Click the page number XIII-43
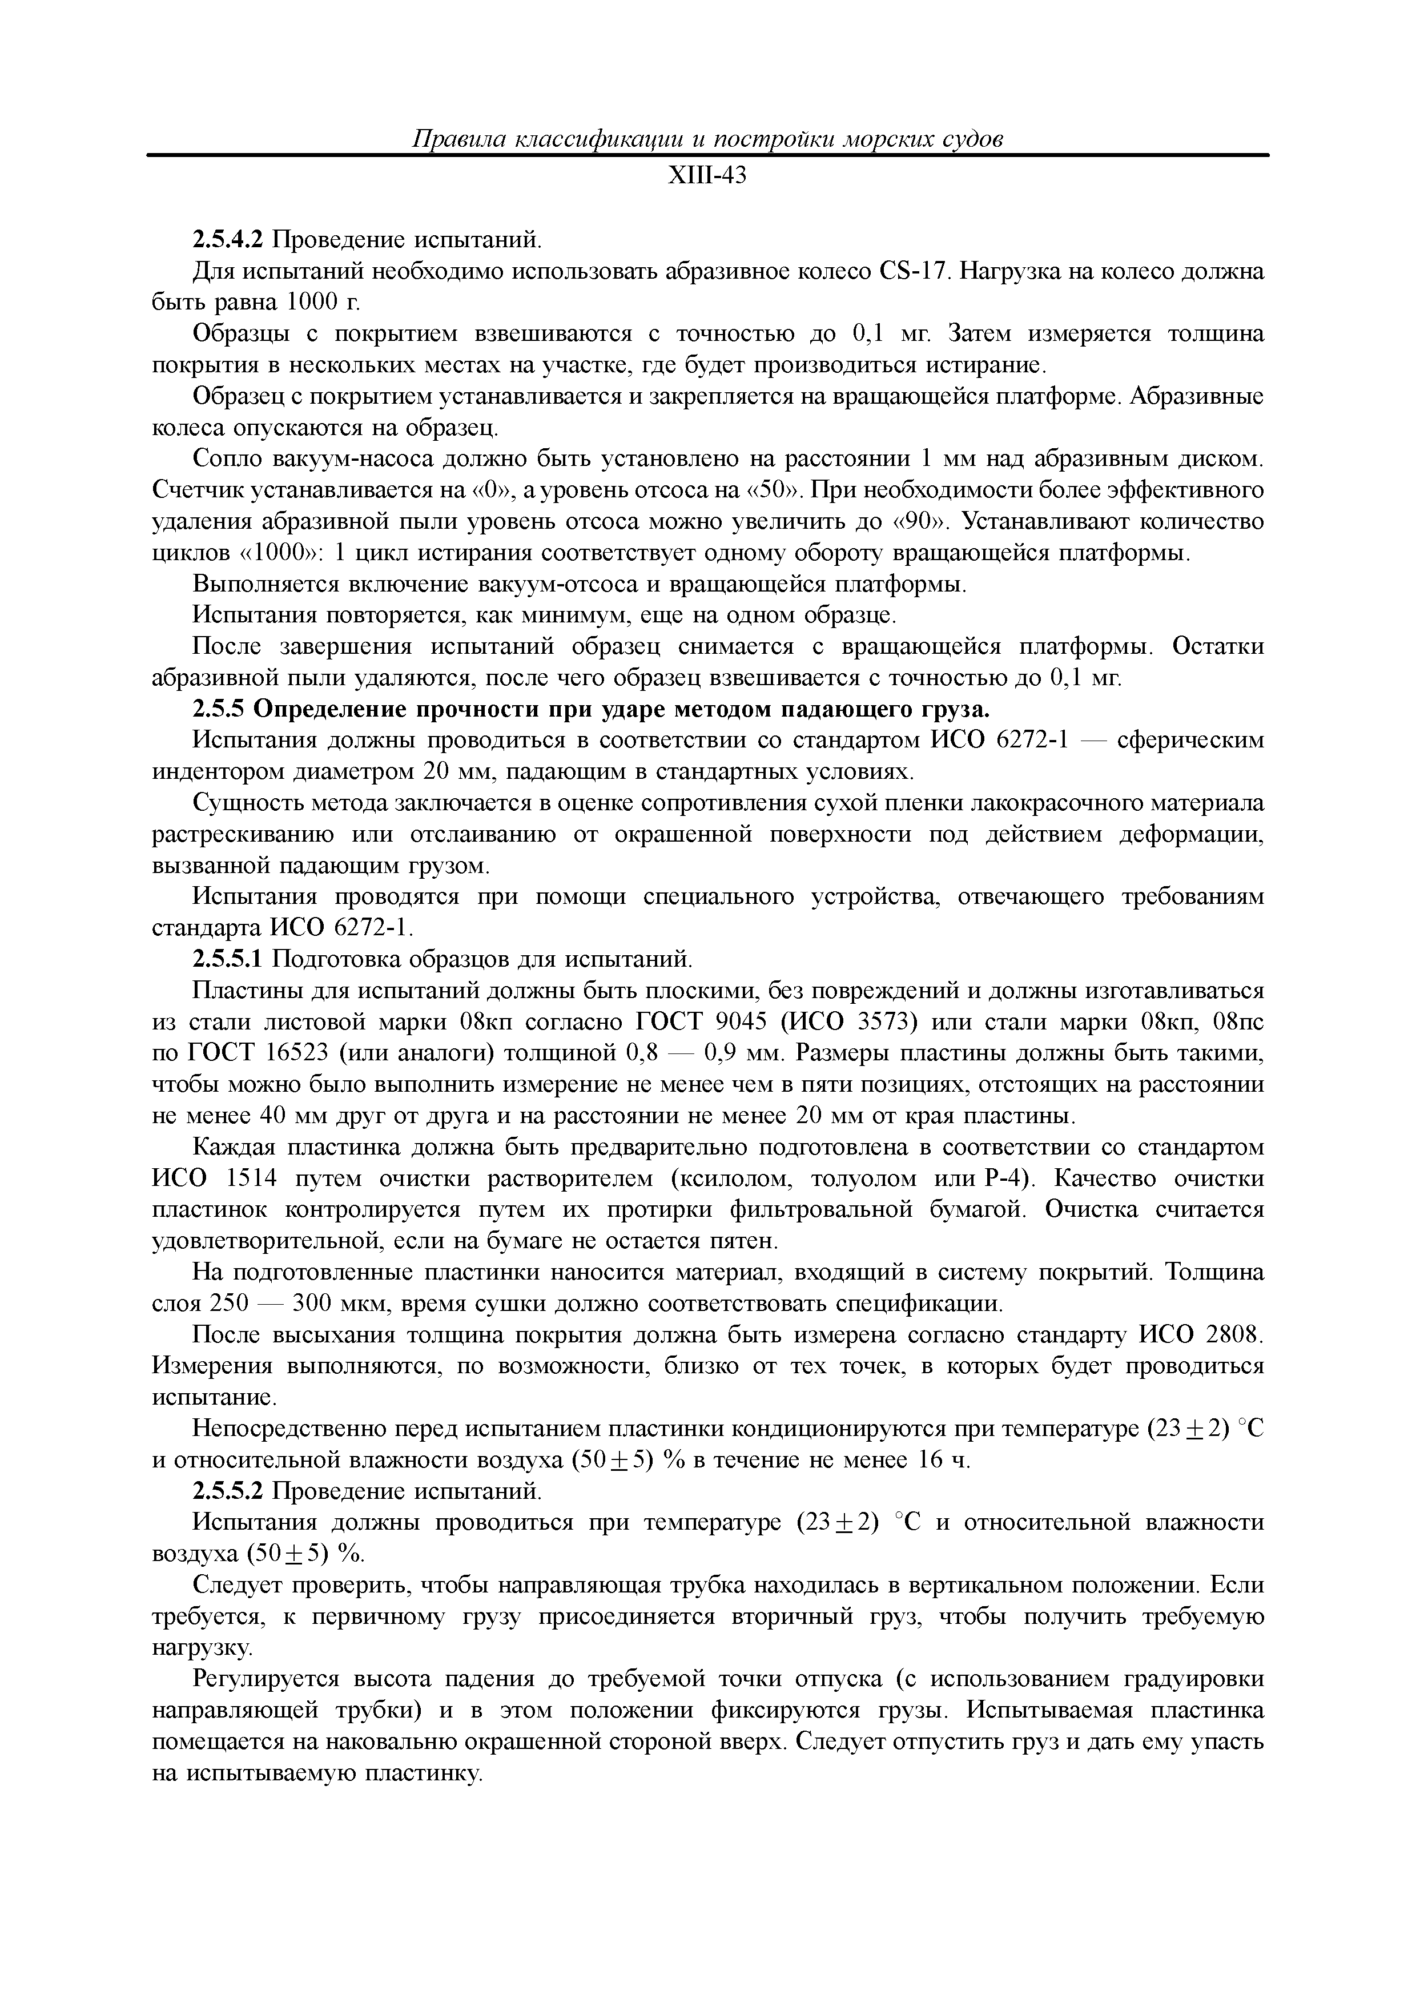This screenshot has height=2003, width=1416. click(x=707, y=177)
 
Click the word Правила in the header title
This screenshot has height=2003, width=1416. click(x=458, y=139)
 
